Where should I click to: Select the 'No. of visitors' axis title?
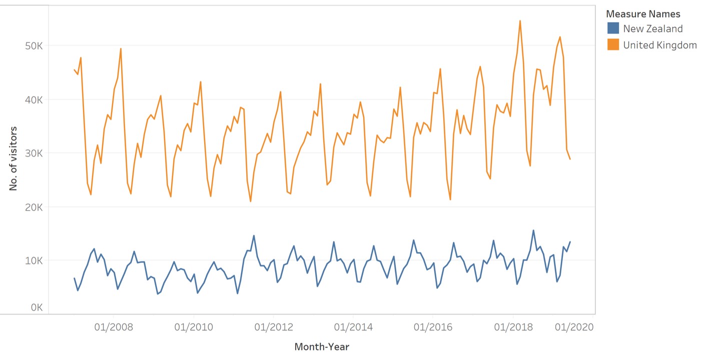coord(14,158)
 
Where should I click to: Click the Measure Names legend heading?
coord(643,14)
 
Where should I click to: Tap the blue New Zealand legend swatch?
coord(613,28)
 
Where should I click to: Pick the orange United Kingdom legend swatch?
coord(613,45)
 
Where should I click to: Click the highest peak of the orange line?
coord(520,21)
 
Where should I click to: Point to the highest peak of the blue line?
coord(533,230)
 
